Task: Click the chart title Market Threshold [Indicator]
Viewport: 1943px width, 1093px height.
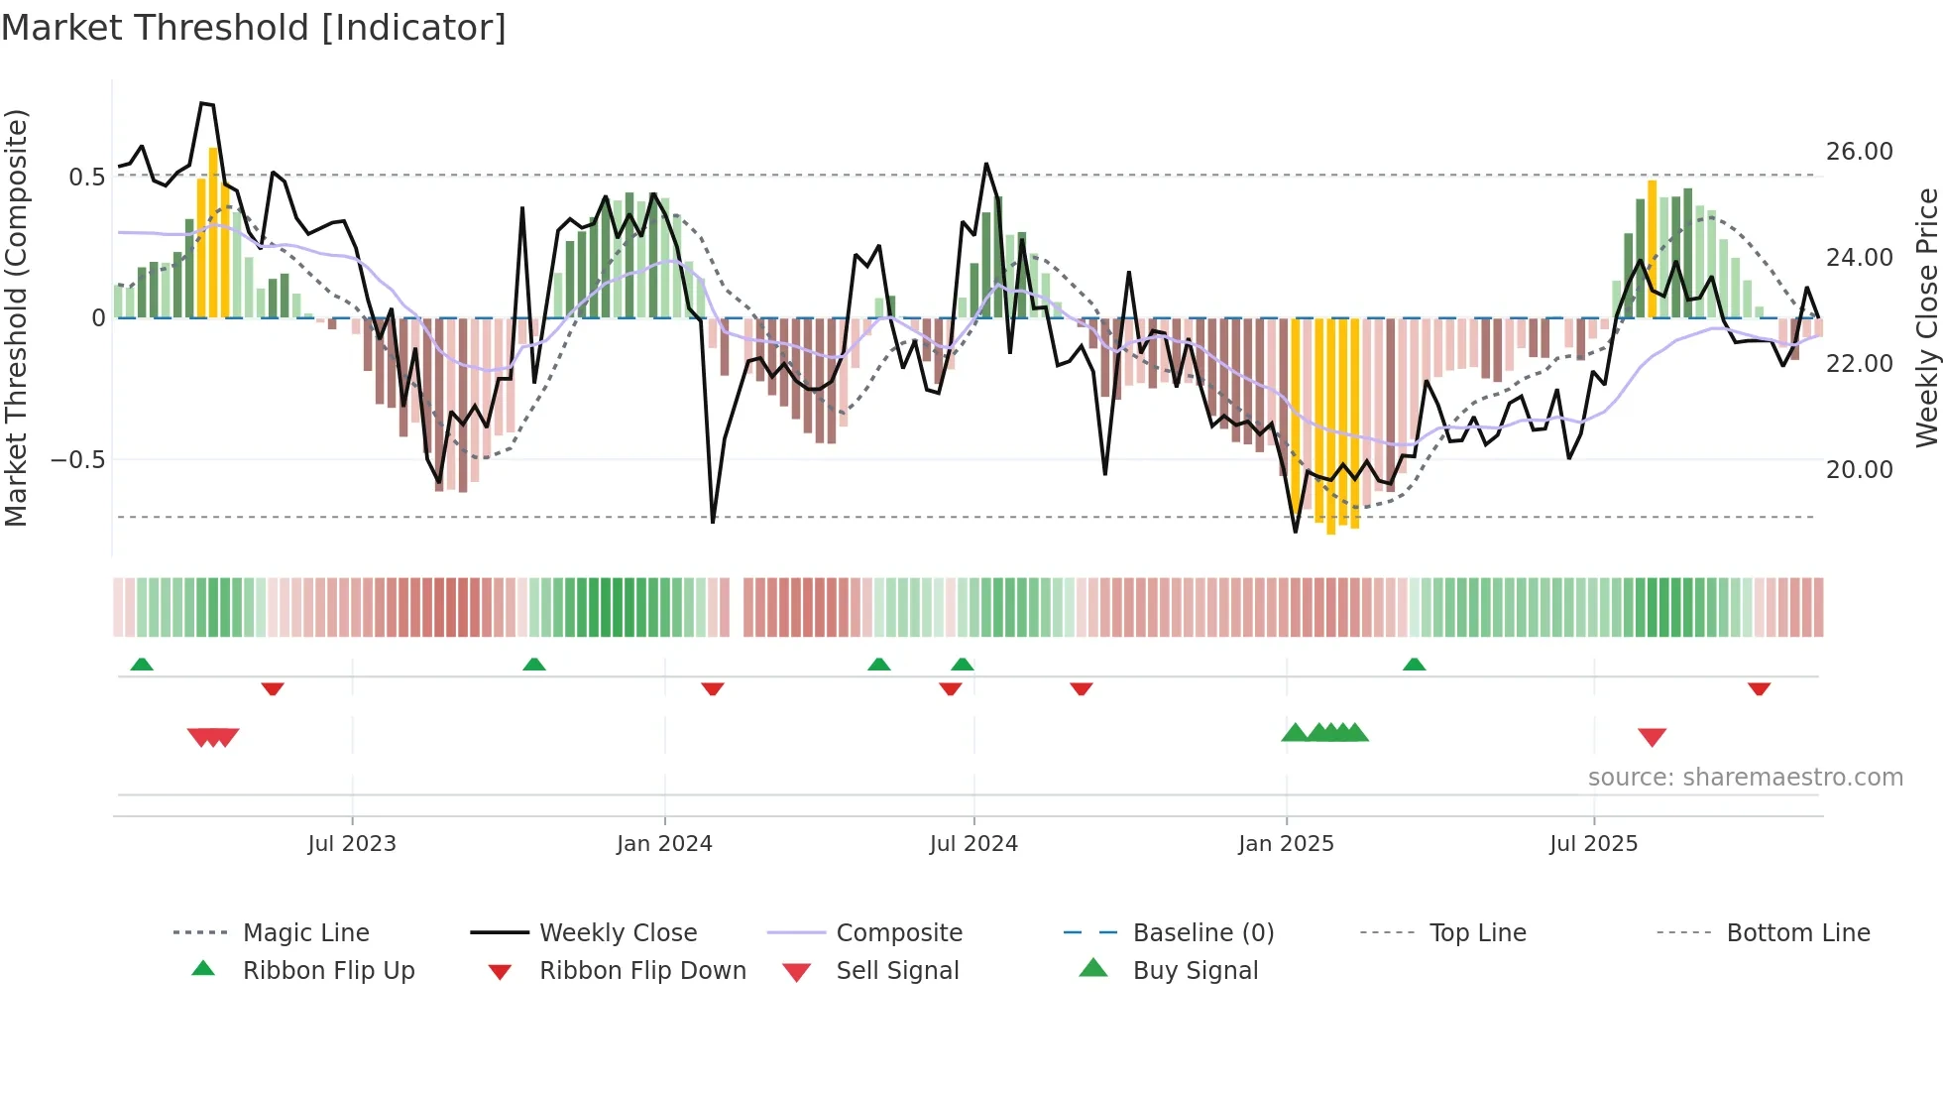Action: (x=254, y=28)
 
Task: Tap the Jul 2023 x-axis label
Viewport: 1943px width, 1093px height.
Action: (x=352, y=844)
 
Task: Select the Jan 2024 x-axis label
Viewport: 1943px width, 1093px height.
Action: (x=664, y=844)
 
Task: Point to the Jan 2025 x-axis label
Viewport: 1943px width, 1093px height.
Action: (x=1286, y=844)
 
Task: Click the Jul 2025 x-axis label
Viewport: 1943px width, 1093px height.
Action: (x=1594, y=844)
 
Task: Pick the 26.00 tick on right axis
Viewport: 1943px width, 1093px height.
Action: (x=1859, y=152)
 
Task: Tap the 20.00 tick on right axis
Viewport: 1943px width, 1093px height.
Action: (x=1859, y=470)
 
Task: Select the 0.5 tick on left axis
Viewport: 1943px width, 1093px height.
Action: (x=86, y=178)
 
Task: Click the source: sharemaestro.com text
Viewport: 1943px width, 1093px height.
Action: (x=1745, y=778)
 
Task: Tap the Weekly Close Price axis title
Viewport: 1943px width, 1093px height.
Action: (x=1926, y=317)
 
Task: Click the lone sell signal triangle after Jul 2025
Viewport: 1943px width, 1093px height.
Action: (x=1652, y=737)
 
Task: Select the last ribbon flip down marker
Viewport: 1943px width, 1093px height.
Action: (x=1759, y=689)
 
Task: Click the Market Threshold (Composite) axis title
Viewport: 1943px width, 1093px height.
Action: (x=16, y=317)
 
